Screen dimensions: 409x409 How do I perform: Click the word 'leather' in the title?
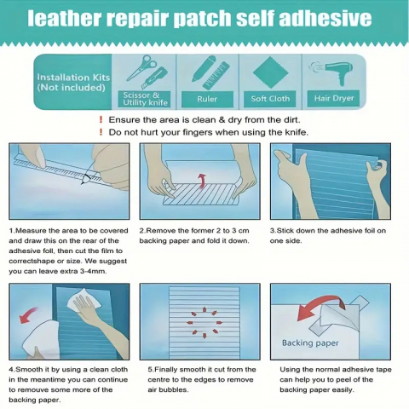pos(65,18)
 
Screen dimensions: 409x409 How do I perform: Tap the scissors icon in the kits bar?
pos(141,67)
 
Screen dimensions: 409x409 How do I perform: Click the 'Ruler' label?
pos(207,99)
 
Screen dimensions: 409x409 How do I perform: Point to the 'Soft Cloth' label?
pos(270,99)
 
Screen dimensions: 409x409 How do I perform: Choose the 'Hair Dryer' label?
pos(334,99)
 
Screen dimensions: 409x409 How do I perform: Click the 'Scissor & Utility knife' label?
pos(145,99)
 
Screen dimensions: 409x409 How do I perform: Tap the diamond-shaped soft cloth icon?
pos(271,72)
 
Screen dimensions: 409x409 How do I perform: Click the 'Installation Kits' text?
pos(73,78)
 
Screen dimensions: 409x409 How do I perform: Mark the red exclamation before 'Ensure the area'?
pos(101,120)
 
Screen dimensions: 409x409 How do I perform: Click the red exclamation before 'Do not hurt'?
pos(101,132)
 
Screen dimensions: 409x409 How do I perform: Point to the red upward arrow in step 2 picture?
pos(202,181)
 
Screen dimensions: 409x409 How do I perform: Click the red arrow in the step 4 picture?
pos(29,314)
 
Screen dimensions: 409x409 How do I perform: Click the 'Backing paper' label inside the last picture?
pos(310,343)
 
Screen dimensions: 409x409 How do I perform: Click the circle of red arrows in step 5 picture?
pos(204,322)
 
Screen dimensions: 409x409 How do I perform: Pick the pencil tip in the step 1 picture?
pos(82,184)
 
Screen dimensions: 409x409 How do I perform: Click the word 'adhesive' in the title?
pos(325,18)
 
